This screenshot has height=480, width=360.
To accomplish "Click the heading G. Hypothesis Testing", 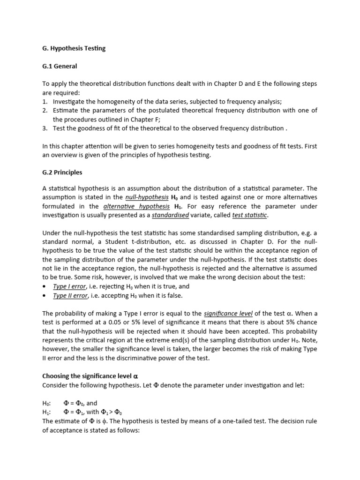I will pyautogui.click(x=74, y=49).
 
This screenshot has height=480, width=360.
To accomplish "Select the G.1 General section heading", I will pyautogui.click(x=60, y=66).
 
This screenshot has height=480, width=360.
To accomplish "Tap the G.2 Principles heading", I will pyautogui.click(x=62, y=172).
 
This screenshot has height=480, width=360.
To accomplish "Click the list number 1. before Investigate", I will pyautogui.click(x=45, y=101).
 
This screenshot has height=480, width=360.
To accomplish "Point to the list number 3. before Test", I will pyautogui.click(x=45, y=128).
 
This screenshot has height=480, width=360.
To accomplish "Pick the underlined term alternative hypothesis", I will pyautogui.click(x=136, y=206).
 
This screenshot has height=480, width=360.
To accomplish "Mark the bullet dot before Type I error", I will pyautogui.click(x=45, y=286).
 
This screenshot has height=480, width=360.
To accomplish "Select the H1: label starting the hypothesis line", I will pyautogui.click(x=46, y=412).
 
